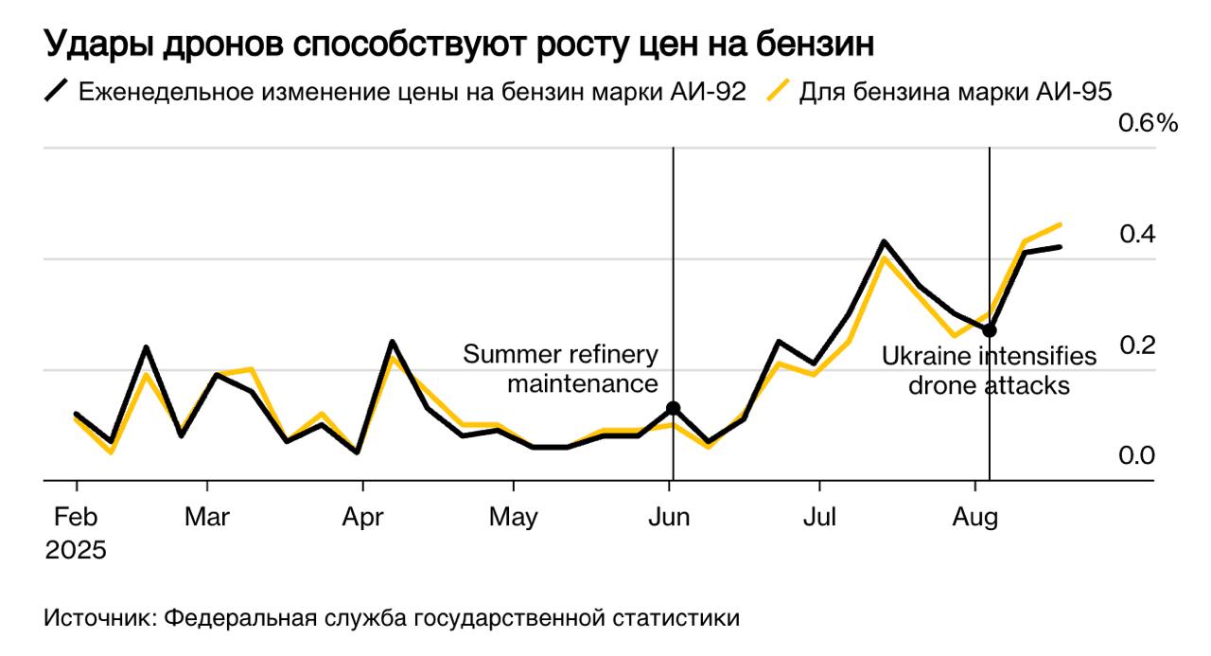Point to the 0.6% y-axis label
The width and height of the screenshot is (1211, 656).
coord(1148,124)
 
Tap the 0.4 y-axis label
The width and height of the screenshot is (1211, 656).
coord(1136,234)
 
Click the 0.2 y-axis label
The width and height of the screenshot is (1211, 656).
coord(1136,346)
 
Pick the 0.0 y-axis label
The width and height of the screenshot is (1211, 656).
coord(1136,456)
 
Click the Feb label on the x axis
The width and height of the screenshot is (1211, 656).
coord(75,518)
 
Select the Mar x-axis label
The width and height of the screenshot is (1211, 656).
coord(207,518)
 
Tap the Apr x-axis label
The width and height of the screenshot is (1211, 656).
coord(362,518)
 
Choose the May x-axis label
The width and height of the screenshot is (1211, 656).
coord(514,518)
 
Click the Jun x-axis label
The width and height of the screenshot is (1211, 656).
coord(670,518)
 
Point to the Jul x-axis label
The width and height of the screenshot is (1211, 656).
coord(819,518)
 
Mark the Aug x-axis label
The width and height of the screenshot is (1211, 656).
coord(975,518)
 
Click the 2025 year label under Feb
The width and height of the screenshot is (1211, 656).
coord(76,551)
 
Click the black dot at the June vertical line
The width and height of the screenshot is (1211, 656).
coord(673,408)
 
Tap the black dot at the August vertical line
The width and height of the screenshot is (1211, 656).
coord(990,330)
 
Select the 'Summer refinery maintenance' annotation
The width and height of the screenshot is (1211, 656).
coord(560,369)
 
